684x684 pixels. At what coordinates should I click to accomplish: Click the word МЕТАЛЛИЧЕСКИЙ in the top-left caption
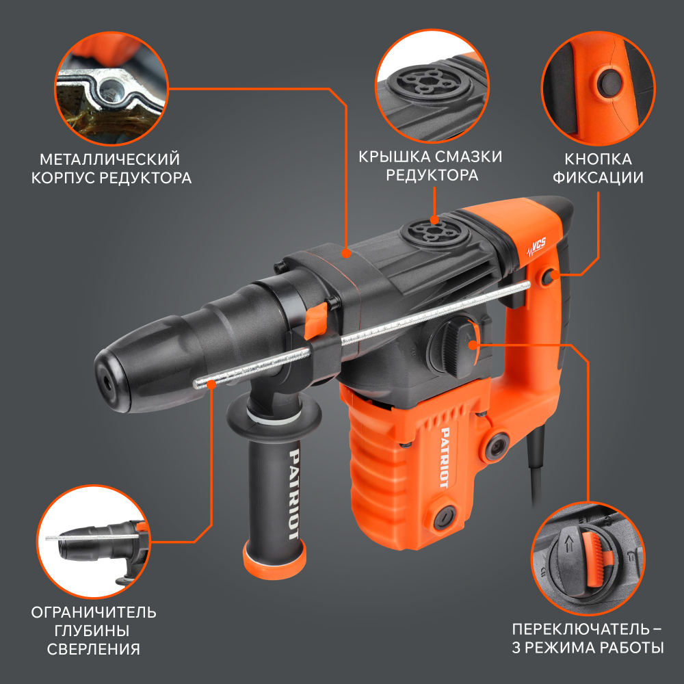tap(109, 159)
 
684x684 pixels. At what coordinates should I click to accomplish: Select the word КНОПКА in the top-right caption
tap(598, 159)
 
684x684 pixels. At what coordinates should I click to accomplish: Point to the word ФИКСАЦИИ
tap(598, 178)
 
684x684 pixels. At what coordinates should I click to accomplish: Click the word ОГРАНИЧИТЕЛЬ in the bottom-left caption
tap(94, 612)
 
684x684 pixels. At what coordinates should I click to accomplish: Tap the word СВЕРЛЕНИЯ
tap(93, 649)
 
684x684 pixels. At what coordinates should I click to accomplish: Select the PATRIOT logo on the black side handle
tap(294, 495)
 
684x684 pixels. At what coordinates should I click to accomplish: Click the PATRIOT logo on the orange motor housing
tap(445, 457)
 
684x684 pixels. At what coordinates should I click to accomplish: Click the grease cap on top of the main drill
tap(434, 231)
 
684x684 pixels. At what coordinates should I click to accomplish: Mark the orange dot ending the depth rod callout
tap(211, 384)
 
